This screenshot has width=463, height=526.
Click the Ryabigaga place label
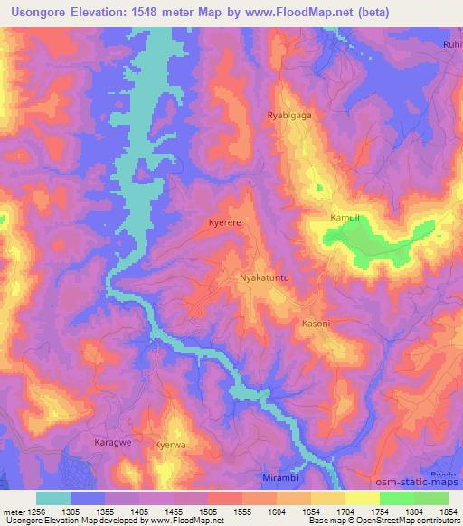[x=288, y=115]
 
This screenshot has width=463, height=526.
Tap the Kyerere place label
[x=225, y=221]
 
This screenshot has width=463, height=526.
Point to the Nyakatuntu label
[x=264, y=279]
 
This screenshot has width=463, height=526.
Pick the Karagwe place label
[x=113, y=442]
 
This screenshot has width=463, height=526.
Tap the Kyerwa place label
[x=169, y=446]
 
